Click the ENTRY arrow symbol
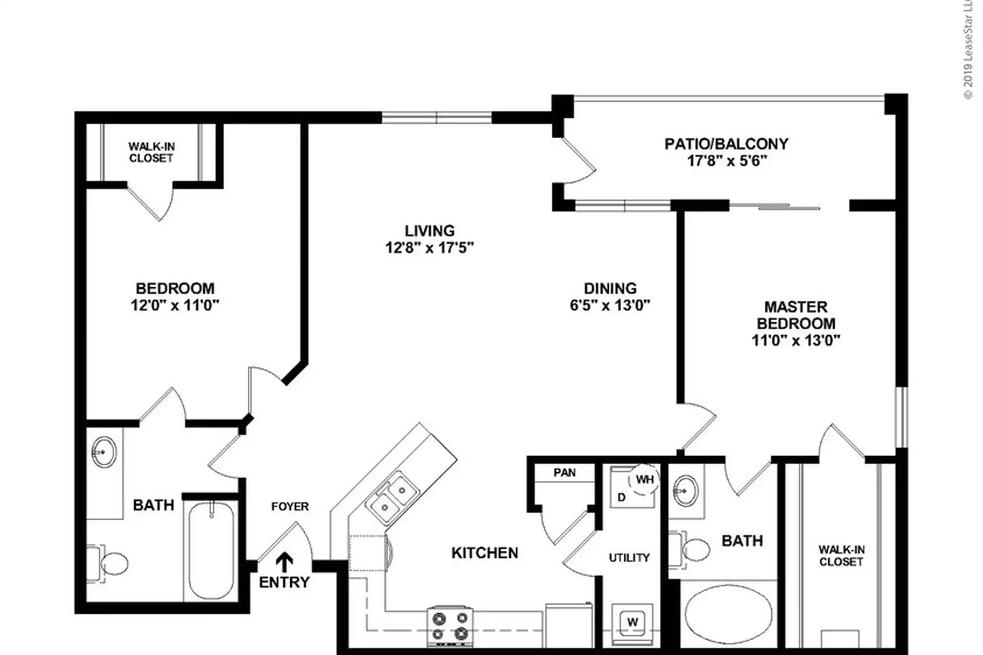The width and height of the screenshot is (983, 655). click(285, 562)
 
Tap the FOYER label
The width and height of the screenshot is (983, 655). click(290, 506)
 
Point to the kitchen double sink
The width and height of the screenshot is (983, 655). click(393, 498)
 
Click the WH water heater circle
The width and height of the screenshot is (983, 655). click(644, 479)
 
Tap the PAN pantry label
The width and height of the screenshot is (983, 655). click(564, 473)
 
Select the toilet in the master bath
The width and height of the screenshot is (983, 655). click(689, 549)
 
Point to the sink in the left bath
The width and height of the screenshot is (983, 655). click(104, 452)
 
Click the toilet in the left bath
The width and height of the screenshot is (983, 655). click(107, 564)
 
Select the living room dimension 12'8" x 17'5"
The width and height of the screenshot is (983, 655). click(430, 248)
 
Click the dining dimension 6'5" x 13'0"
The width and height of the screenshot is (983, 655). click(610, 305)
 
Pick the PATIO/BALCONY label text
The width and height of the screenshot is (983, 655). click(726, 144)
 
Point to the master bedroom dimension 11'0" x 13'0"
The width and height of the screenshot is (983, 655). click(796, 340)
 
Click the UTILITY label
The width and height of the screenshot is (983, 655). click(629, 558)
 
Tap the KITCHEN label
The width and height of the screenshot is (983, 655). click(485, 553)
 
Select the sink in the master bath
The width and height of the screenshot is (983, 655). click(685, 491)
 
